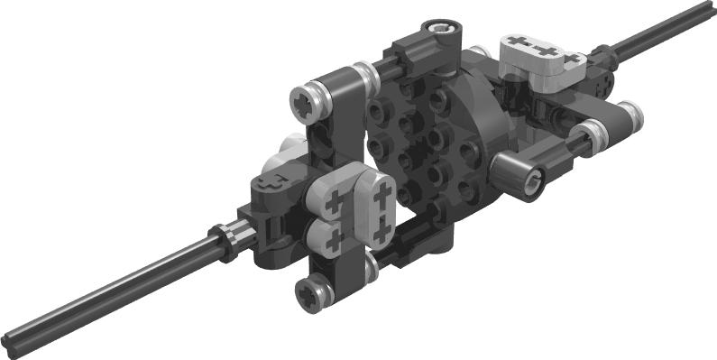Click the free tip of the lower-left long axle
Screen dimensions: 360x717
click(x=9, y=343)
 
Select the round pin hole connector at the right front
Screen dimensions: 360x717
click(x=525, y=171)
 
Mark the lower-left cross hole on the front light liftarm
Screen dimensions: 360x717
click(x=336, y=237)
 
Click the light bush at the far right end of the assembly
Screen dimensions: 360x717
click(x=630, y=112)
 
